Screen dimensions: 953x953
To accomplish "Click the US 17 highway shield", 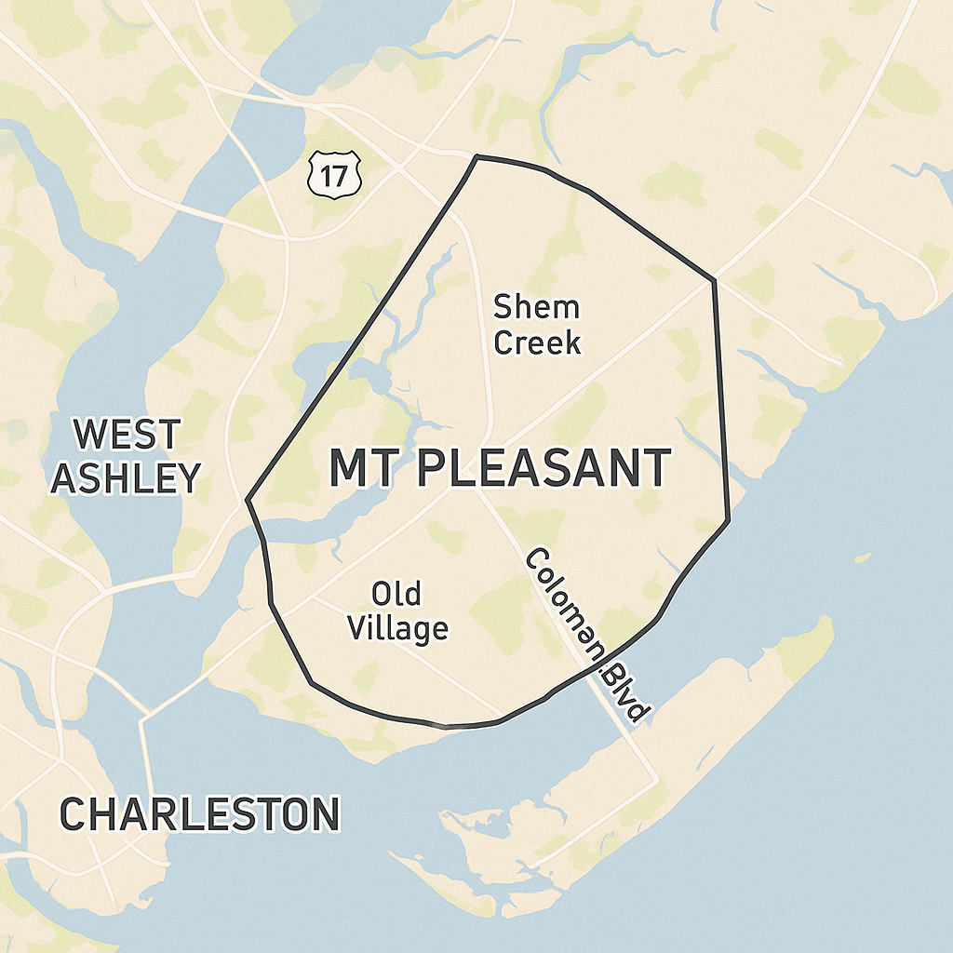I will [x=334, y=174].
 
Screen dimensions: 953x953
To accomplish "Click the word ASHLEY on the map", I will [x=126, y=477].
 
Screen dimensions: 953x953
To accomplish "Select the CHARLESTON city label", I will [x=199, y=815].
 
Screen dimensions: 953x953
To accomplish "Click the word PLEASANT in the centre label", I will [x=544, y=468].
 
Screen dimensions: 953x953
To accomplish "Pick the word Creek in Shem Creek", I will [x=537, y=342].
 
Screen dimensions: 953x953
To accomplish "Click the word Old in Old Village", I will [x=396, y=594].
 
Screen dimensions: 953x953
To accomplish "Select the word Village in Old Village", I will [x=398, y=628].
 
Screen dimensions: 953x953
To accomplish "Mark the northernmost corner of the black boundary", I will [x=476, y=156].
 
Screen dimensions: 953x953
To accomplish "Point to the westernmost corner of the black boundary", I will [x=247, y=501].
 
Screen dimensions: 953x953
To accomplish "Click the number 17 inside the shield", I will [x=334, y=175].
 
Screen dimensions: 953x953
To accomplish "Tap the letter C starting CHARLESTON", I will [x=74, y=815].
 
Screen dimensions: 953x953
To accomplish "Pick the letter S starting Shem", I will [x=503, y=306].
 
